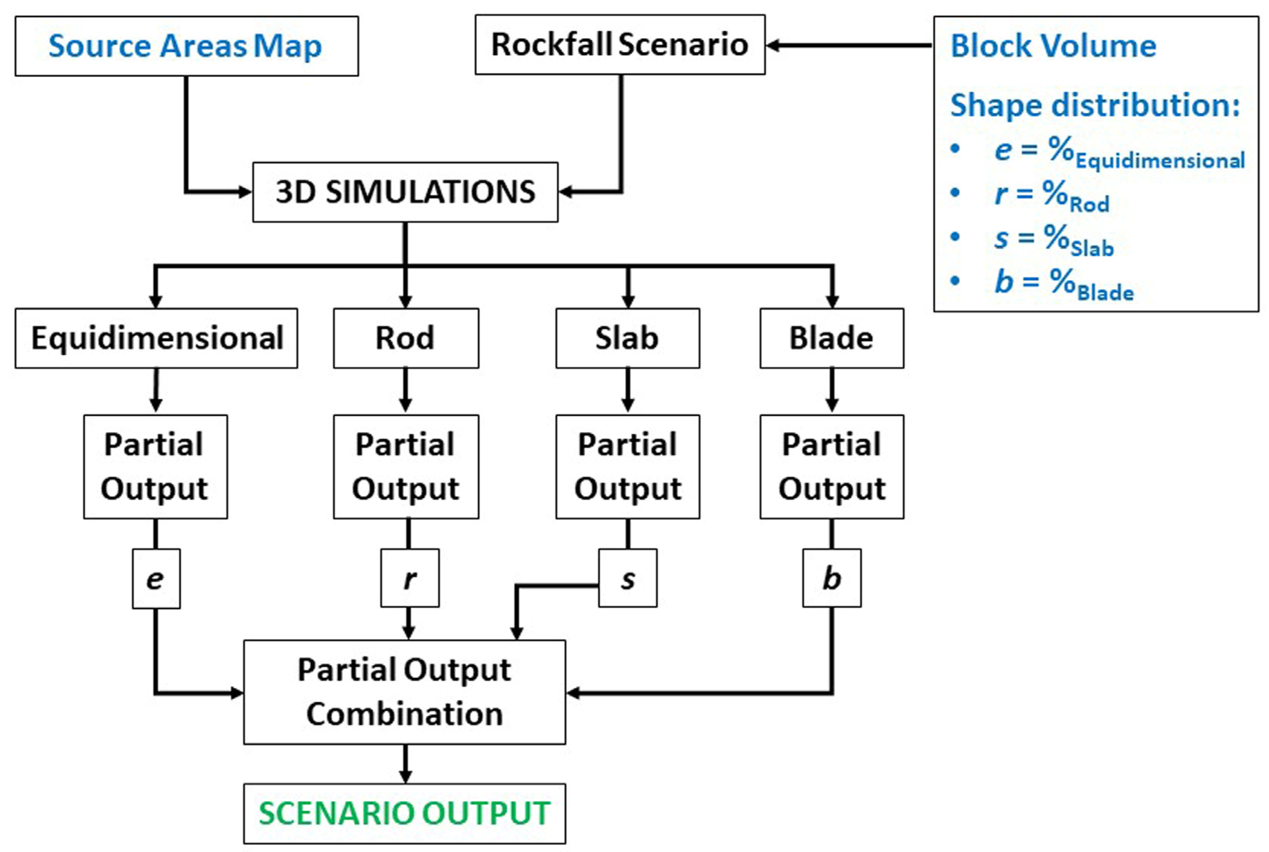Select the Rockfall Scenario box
pyautogui.click(x=620, y=45)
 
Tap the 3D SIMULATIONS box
pyautogui.click(x=405, y=192)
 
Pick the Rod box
pyautogui.click(x=405, y=338)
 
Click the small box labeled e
pyautogui.click(x=156, y=579)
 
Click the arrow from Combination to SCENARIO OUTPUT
pyautogui.click(x=405, y=763)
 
